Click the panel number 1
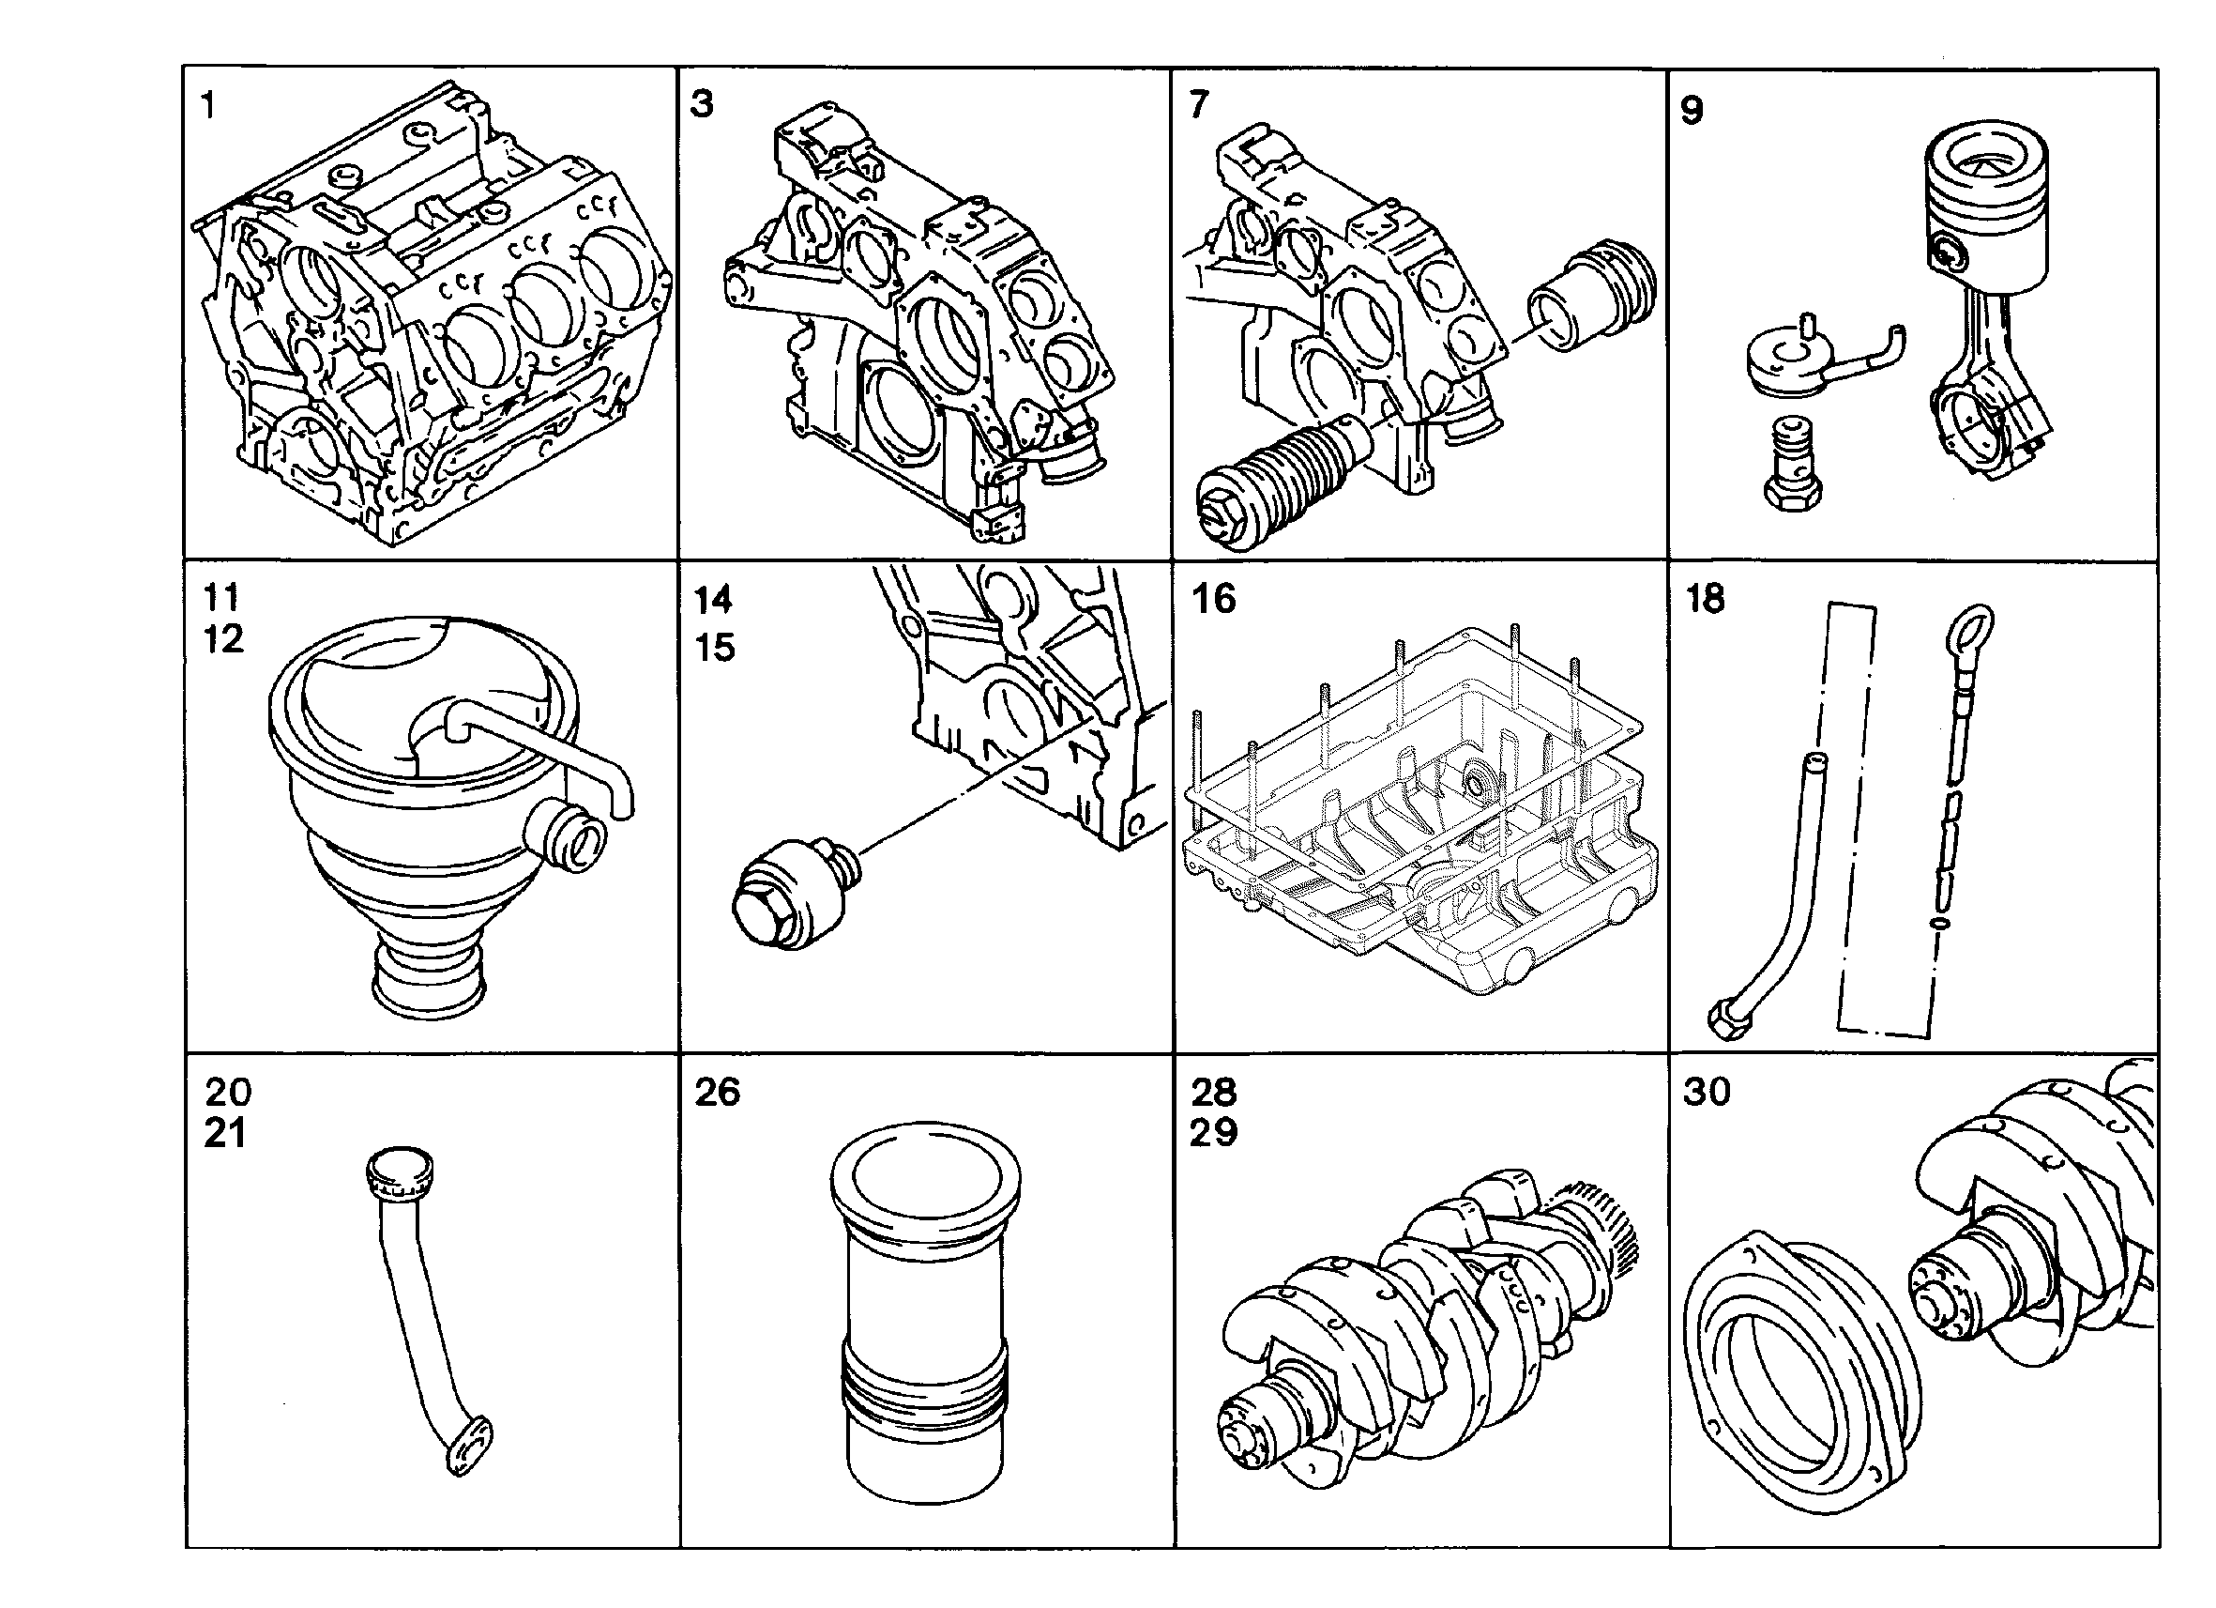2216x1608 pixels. [208, 104]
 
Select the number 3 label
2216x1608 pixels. [702, 103]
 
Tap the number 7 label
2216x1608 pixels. [1200, 103]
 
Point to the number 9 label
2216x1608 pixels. [1692, 111]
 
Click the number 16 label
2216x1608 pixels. [1213, 598]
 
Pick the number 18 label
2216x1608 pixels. [1706, 598]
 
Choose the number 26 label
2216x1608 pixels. [718, 1092]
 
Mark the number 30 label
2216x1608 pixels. [1707, 1091]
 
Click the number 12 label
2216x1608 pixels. [223, 639]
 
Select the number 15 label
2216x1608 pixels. [714, 647]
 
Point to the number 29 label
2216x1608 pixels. [1213, 1133]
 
